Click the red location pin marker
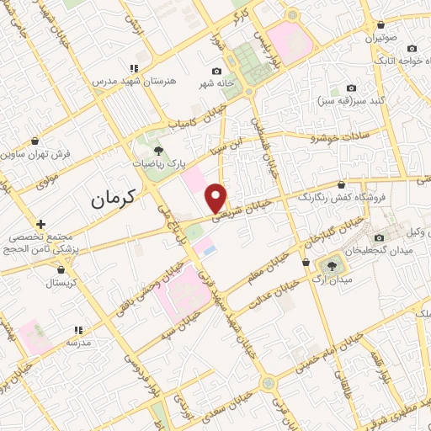coord(216,197)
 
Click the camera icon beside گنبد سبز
coord(351,88)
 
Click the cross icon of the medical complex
coord(40,223)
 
